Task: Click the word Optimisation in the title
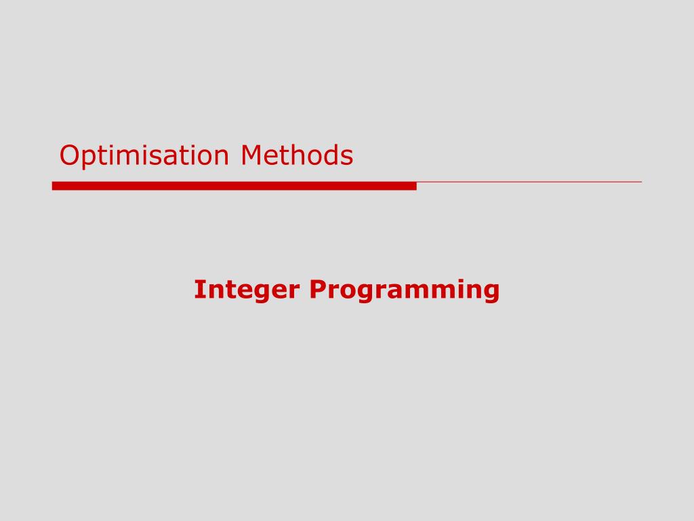point(144,156)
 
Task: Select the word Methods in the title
point(297,155)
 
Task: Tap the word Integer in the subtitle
point(247,290)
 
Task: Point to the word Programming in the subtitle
point(404,290)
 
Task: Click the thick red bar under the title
point(234,186)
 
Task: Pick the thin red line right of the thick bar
point(529,182)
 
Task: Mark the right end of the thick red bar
point(416,186)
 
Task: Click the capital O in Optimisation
point(70,155)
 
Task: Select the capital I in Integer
point(198,289)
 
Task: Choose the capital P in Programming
point(318,289)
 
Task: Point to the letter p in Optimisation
point(92,159)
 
